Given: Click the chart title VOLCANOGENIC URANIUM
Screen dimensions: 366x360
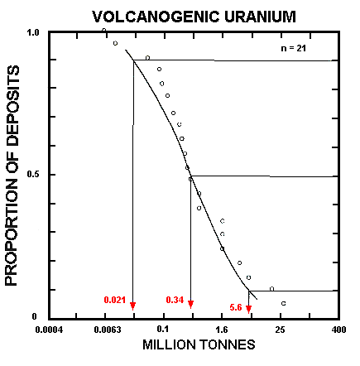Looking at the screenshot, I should (180, 15).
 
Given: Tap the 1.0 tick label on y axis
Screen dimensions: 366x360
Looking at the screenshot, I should (34, 32).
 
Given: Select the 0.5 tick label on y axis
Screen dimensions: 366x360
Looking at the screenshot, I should (34, 175).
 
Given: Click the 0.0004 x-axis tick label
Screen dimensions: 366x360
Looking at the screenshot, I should (50, 330).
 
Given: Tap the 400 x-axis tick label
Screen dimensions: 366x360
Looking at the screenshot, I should (335, 330).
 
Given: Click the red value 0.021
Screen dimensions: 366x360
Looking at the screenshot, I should (115, 298).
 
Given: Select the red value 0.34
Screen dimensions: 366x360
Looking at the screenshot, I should (175, 298).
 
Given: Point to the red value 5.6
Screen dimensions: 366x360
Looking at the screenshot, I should (236, 307).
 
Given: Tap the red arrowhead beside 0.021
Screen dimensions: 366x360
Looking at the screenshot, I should (132, 306).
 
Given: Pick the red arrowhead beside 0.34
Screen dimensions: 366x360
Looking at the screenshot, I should (190, 305).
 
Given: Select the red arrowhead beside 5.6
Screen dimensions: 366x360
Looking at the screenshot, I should (248, 309).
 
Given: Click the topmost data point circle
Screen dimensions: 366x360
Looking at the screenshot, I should (104, 31).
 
